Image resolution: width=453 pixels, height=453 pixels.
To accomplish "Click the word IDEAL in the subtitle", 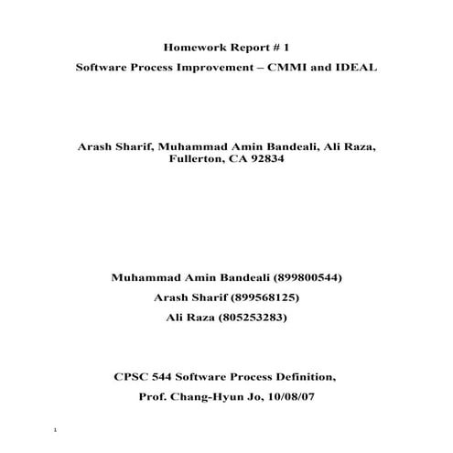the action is click(x=361, y=69).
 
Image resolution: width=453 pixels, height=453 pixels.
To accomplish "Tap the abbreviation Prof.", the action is click(x=153, y=397).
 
